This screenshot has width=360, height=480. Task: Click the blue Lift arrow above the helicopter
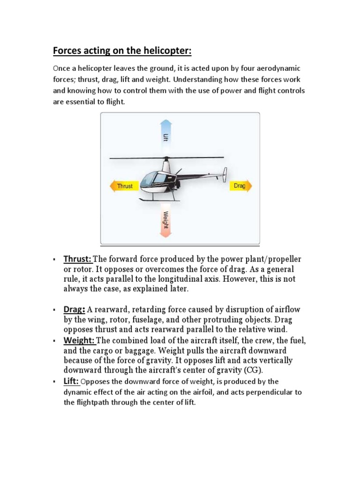[x=165, y=136]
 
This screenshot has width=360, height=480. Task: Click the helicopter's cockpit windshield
[x=149, y=178]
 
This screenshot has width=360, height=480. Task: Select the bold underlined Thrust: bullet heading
[x=78, y=259]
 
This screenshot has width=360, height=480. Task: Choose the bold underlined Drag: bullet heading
[x=74, y=309]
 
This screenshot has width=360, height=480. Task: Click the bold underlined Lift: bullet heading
[x=72, y=382]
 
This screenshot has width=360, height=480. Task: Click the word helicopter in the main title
[x=155, y=51]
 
